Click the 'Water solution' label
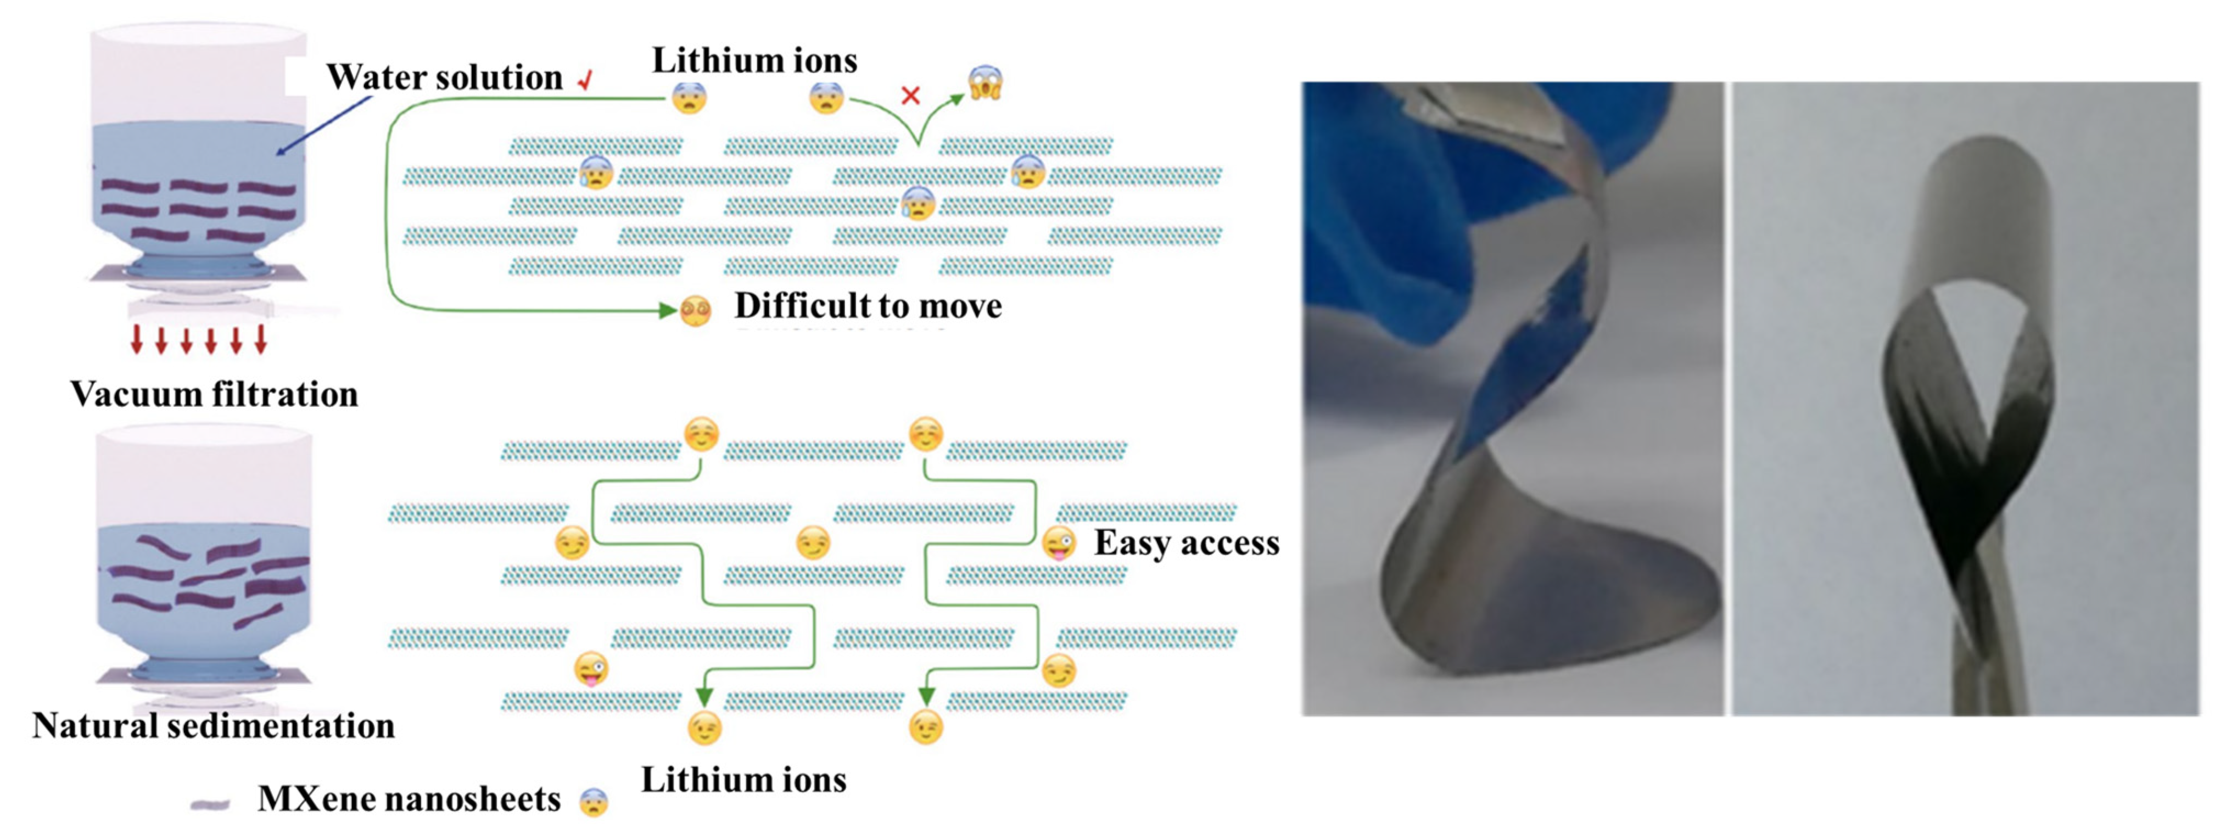click(x=444, y=78)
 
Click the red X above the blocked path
click(x=910, y=95)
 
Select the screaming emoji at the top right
click(x=985, y=83)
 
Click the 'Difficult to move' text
click(x=868, y=306)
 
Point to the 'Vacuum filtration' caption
click(x=214, y=394)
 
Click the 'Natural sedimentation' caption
click(x=214, y=726)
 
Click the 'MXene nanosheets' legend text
click(x=409, y=799)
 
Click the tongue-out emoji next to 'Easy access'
click(x=1059, y=545)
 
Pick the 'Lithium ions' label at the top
click(x=754, y=60)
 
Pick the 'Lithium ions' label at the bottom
click(x=743, y=780)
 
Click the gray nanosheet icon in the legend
click(x=210, y=804)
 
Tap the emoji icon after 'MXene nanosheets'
click(x=594, y=803)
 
